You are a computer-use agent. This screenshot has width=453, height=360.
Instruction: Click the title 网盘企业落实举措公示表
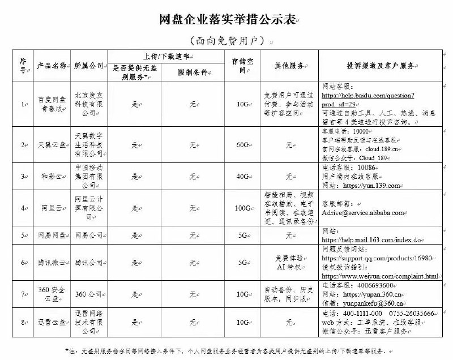tap(226, 20)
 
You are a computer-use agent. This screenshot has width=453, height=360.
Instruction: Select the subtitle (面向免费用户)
tap(226, 41)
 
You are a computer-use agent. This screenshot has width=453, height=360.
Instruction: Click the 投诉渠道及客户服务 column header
tap(381, 66)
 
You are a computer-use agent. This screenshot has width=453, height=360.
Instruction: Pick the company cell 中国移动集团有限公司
tap(89, 176)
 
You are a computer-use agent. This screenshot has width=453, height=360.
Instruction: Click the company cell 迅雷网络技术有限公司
tap(89, 322)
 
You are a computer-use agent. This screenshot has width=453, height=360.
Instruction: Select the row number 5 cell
tap(23, 235)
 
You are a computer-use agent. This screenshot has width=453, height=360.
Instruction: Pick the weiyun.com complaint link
tap(380, 276)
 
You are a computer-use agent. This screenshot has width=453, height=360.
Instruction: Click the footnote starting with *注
tap(226, 351)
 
